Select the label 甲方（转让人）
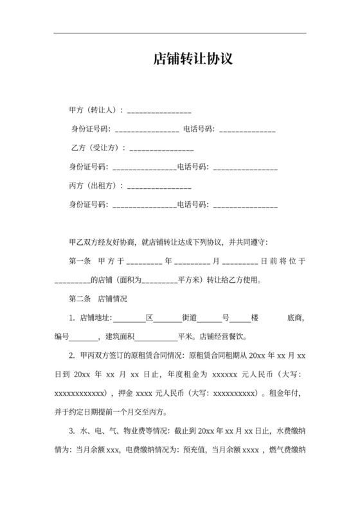(94, 111)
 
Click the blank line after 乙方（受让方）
(162, 150)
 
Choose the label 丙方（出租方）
(94, 186)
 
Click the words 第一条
(80, 262)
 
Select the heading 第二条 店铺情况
(98, 299)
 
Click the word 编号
(61, 336)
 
